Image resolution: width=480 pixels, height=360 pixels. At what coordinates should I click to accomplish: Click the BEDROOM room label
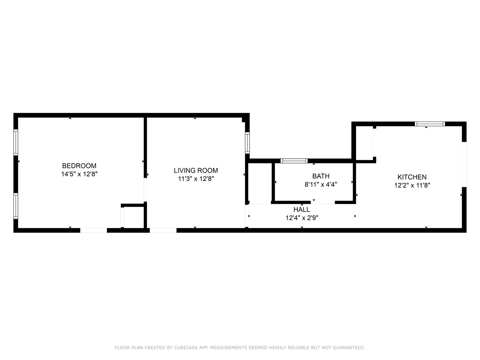coord(79,166)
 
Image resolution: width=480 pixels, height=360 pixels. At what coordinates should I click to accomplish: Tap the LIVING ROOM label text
coord(196,170)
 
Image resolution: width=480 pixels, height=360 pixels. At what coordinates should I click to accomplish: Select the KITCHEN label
coord(412,177)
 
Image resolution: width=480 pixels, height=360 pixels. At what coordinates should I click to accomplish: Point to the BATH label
coord(321,176)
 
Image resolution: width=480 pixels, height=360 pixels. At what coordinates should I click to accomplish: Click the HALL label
coord(302,209)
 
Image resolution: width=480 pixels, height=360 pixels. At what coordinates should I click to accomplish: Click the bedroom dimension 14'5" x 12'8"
coord(79,174)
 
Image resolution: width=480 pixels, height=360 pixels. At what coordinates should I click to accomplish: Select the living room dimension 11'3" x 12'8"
coord(196,179)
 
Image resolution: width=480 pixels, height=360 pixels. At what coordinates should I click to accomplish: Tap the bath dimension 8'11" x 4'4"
coord(321,184)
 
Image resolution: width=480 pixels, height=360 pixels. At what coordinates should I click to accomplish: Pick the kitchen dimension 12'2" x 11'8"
coord(412,185)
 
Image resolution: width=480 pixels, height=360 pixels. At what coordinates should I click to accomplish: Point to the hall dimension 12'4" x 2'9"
coord(302,218)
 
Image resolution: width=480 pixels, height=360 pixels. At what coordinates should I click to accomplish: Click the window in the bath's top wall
coord(294,161)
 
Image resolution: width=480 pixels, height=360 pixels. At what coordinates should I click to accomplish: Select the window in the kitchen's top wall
coord(430,124)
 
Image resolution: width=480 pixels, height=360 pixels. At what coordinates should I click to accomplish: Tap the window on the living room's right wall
coord(247,143)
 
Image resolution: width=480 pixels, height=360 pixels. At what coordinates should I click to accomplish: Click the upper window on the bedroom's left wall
coord(16,142)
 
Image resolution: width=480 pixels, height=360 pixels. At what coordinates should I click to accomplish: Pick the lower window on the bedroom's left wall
coord(16,206)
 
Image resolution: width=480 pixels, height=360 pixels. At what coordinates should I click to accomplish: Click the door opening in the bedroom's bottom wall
coord(94,230)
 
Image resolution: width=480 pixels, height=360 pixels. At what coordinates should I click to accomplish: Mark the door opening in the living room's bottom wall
coord(163,230)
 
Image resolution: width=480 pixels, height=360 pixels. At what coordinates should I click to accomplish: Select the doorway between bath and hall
coord(323,202)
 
